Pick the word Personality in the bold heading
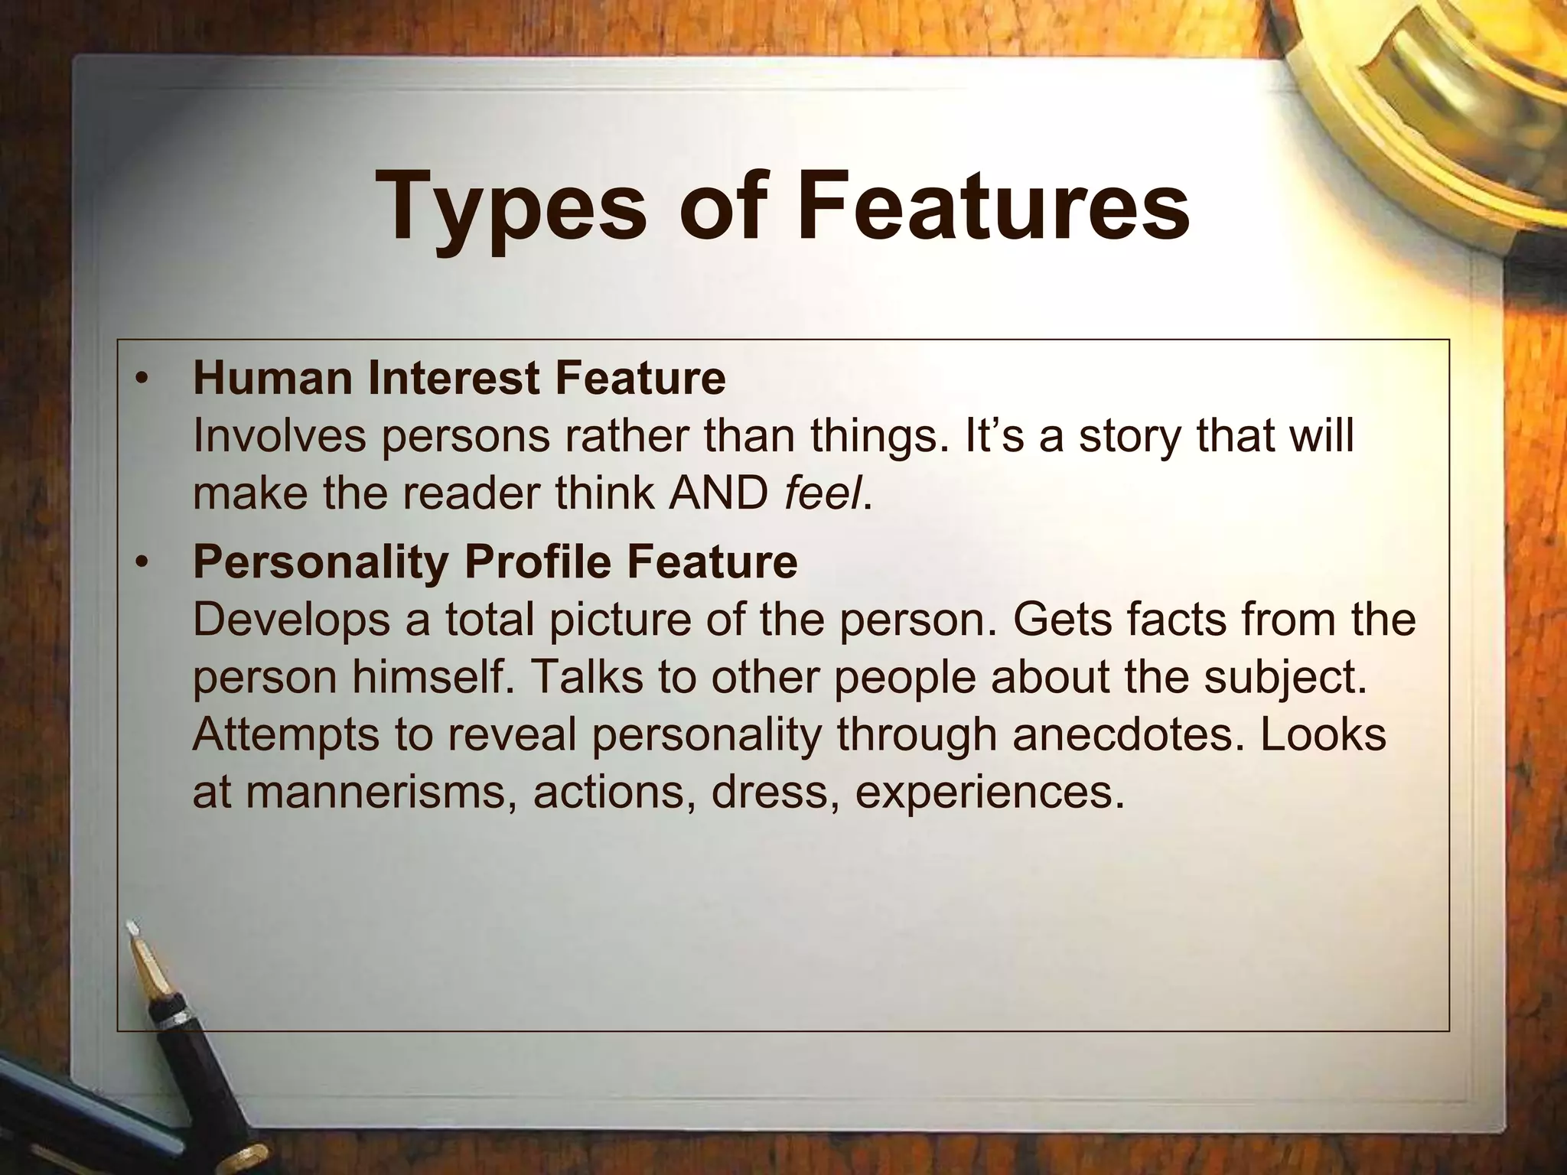coord(321,562)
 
